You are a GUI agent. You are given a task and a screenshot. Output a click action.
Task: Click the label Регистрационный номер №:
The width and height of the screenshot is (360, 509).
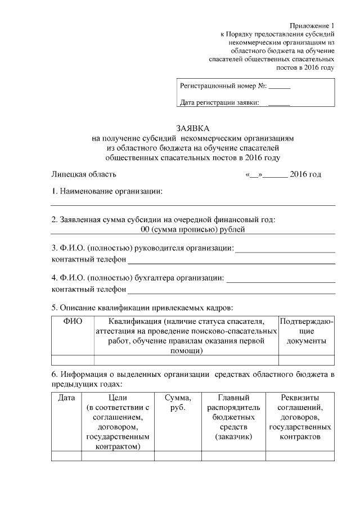(223, 87)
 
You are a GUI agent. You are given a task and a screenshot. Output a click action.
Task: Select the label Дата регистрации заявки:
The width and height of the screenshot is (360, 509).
(219, 102)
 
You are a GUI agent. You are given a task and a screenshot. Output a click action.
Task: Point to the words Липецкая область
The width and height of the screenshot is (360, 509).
(84, 174)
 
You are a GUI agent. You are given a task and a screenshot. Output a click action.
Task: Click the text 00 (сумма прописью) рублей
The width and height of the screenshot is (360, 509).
(193, 229)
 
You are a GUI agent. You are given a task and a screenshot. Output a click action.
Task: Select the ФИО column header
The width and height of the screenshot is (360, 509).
(73, 321)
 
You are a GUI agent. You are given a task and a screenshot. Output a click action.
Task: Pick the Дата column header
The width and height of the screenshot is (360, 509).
(66, 398)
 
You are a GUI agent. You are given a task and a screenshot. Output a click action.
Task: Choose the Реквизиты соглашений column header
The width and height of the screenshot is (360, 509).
(300, 417)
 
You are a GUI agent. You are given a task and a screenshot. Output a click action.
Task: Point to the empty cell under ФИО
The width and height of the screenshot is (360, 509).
(73, 360)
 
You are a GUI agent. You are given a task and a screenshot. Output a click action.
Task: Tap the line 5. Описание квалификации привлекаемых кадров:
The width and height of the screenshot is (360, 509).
(142, 307)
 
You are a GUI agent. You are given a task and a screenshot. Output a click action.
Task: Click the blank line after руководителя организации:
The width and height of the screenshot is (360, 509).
(285, 249)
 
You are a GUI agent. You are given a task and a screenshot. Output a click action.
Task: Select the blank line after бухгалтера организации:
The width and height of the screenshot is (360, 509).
(280, 278)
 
